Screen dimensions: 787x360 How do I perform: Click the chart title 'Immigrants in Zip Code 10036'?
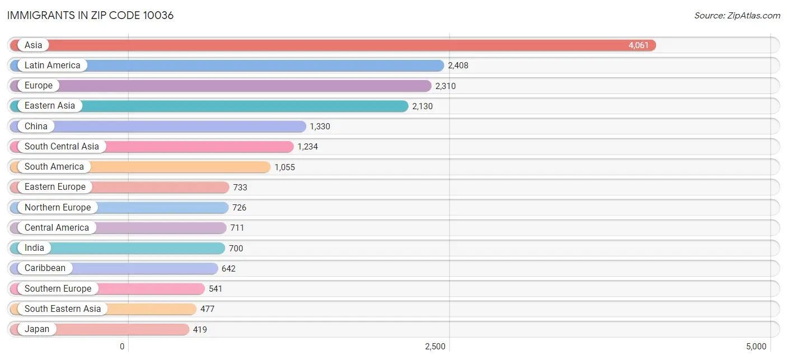pyautogui.click(x=90, y=16)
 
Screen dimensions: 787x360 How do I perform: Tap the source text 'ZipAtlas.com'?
pyautogui.click(x=754, y=16)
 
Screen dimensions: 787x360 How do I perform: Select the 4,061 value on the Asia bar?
pyautogui.click(x=638, y=45)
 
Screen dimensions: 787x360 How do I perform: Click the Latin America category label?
pyautogui.click(x=53, y=66)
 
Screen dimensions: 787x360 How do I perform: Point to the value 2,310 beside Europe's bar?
pyautogui.click(x=446, y=86)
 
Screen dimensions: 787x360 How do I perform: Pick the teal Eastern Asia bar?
pyautogui.click(x=209, y=106)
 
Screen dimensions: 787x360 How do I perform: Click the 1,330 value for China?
pyautogui.click(x=320, y=126)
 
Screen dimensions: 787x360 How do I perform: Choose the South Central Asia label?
pyautogui.click(x=62, y=146)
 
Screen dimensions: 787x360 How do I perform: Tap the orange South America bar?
pyautogui.click(x=140, y=167)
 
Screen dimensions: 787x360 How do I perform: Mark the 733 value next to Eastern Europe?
pyautogui.click(x=240, y=188)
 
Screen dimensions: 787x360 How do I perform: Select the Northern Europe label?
pyautogui.click(x=58, y=207)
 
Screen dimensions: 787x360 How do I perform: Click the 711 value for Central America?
pyautogui.click(x=237, y=228)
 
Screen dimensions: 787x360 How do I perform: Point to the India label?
pyautogui.click(x=35, y=248)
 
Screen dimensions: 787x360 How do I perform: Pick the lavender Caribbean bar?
pyautogui.click(x=114, y=268)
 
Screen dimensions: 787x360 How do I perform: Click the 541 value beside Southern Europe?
pyautogui.click(x=216, y=289)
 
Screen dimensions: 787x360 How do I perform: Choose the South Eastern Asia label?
pyautogui.click(x=63, y=308)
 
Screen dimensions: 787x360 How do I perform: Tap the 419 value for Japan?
pyautogui.click(x=200, y=329)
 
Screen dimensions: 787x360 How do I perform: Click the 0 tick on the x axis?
pyautogui.click(x=122, y=347)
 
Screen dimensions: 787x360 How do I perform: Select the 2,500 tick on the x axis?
pyautogui.click(x=435, y=347)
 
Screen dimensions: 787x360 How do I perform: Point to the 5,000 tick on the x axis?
pyautogui.click(x=756, y=347)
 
